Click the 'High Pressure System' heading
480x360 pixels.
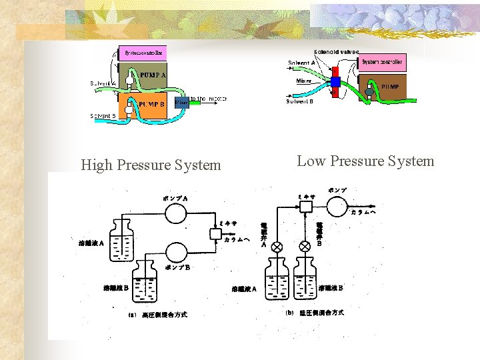[151, 165]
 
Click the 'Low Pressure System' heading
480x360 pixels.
[365, 161]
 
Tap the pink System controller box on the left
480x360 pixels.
[143, 52]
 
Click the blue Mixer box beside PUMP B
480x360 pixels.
[181, 103]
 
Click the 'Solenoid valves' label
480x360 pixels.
[337, 51]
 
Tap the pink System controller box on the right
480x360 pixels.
[382, 63]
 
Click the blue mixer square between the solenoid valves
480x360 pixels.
[335, 82]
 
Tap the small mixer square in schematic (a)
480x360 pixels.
[215, 233]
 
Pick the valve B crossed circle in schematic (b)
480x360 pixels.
[305, 247]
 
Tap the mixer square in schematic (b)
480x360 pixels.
[306, 207]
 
